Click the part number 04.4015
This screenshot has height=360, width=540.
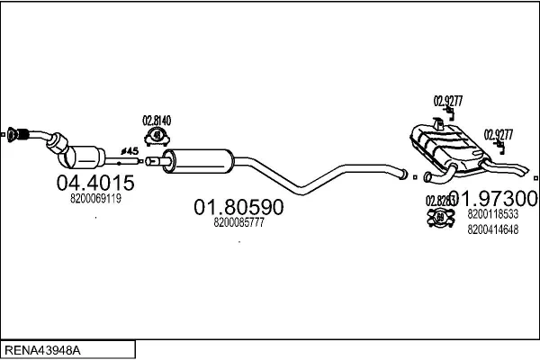click(95, 184)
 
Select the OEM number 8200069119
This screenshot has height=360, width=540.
click(95, 198)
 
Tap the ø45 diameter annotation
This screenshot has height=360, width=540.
click(129, 149)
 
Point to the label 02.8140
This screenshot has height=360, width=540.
click(156, 121)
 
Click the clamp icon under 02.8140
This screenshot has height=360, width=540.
click(157, 136)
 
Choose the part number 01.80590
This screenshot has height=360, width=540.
click(238, 207)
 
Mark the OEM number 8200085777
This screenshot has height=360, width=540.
click(238, 222)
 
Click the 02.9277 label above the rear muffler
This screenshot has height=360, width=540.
click(447, 100)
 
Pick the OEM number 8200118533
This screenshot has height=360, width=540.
click(492, 214)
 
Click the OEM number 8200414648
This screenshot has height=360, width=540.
click(492, 229)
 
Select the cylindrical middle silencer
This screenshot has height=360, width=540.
click(199, 163)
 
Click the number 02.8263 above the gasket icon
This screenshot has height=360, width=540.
click(438, 201)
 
